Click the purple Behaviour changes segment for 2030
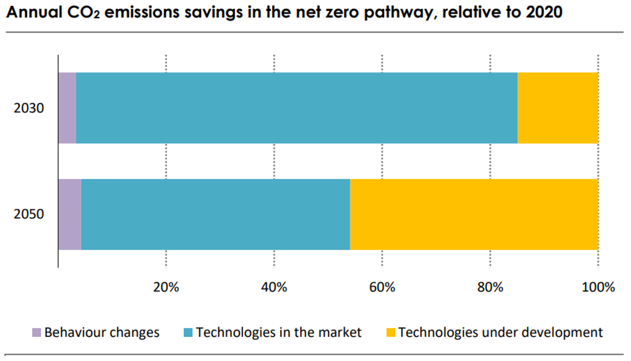(x=67, y=108)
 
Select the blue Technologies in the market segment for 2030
(x=297, y=108)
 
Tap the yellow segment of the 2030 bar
(x=557, y=108)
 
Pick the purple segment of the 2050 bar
(x=70, y=214)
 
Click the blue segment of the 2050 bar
(x=215, y=214)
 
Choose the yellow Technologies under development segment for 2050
(x=474, y=214)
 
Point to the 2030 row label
(x=29, y=108)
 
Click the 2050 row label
(x=29, y=214)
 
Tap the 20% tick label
(x=166, y=287)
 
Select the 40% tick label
(x=274, y=287)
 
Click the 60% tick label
(x=382, y=287)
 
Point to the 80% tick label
(x=490, y=287)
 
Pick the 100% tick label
(x=598, y=287)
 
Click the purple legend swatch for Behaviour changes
(x=37, y=333)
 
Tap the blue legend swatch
(x=188, y=333)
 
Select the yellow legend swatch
(x=391, y=333)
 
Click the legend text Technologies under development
(x=500, y=332)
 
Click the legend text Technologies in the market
(x=279, y=332)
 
